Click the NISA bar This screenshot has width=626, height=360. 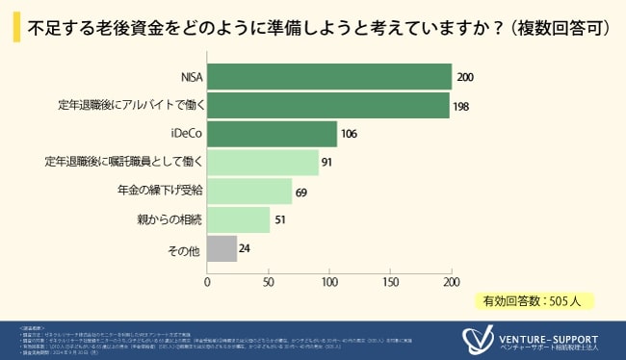click(329, 77)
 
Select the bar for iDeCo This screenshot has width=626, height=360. click(273, 134)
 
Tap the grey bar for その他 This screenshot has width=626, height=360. click(222, 248)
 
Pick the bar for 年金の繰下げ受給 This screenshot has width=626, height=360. click(249, 192)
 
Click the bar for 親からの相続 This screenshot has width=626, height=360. click(239, 220)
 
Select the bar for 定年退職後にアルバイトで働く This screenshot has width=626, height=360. click(328, 105)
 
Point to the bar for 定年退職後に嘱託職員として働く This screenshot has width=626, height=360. click(263, 163)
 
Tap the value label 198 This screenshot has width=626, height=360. click(460, 106)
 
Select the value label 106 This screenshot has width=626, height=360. click(350, 134)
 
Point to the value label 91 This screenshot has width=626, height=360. click(326, 163)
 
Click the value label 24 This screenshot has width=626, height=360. click(245, 249)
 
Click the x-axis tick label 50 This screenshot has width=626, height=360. click(269, 282)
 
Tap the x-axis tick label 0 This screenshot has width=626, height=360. click(208, 282)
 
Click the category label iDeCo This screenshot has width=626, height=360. click(184, 134)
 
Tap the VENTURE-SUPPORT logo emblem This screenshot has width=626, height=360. click(476, 340)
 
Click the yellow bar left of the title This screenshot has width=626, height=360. click(16, 27)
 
